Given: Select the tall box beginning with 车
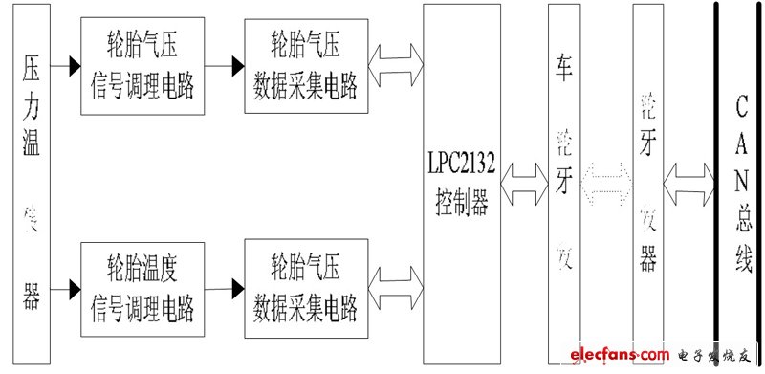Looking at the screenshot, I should [563, 182].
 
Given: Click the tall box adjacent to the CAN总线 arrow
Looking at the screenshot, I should [648, 182].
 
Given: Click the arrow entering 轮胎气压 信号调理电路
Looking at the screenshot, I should [69, 66].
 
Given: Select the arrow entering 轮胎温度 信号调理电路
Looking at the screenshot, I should [69, 286].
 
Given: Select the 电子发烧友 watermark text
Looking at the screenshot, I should [717, 356].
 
